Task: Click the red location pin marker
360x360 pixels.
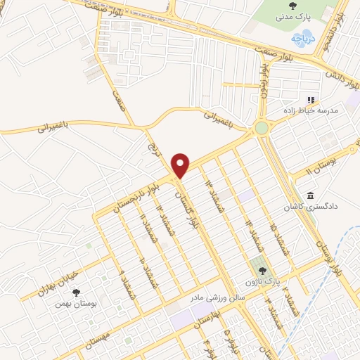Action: click(x=181, y=165)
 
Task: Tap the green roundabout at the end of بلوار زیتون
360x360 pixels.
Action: click(x=262, y=127)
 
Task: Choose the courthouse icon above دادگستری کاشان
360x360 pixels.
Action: click(x=309, y=195)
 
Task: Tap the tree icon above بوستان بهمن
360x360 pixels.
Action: click(x=76, y=293)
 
